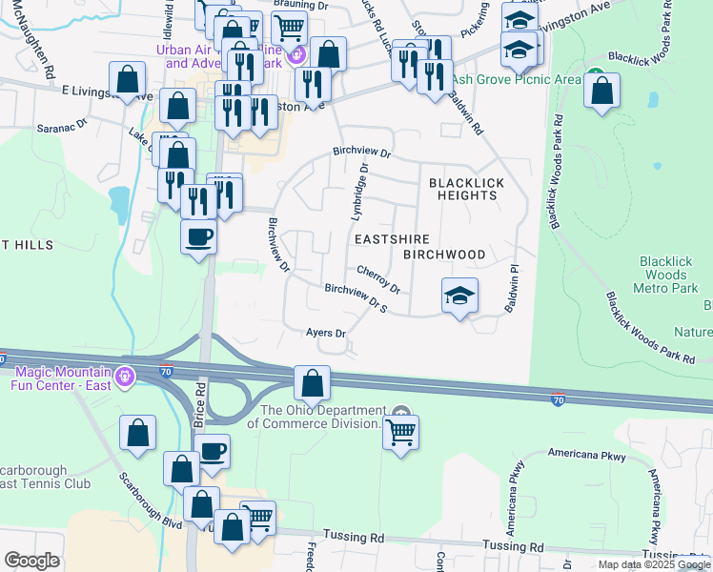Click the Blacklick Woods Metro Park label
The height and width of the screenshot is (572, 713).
(x=667, y=275)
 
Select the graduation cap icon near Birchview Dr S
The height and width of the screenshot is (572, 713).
(x=458, y=296)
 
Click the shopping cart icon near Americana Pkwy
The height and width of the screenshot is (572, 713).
(x=401, y=434)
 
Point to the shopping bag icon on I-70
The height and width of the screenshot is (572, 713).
(x=312, y=383)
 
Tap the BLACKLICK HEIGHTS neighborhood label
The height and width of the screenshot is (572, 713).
(x=462, y=188)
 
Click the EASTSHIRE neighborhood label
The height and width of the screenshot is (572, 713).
(x=392, y=239)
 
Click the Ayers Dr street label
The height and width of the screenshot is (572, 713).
(x=325, y=333)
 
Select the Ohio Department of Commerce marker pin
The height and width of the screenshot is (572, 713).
(x=401, y=415)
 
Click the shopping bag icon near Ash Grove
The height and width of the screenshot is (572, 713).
(x=601, y=92)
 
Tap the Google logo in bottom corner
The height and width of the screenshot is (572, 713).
(x=31, y=561)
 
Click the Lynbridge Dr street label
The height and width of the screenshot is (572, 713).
(x=360, y=187)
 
